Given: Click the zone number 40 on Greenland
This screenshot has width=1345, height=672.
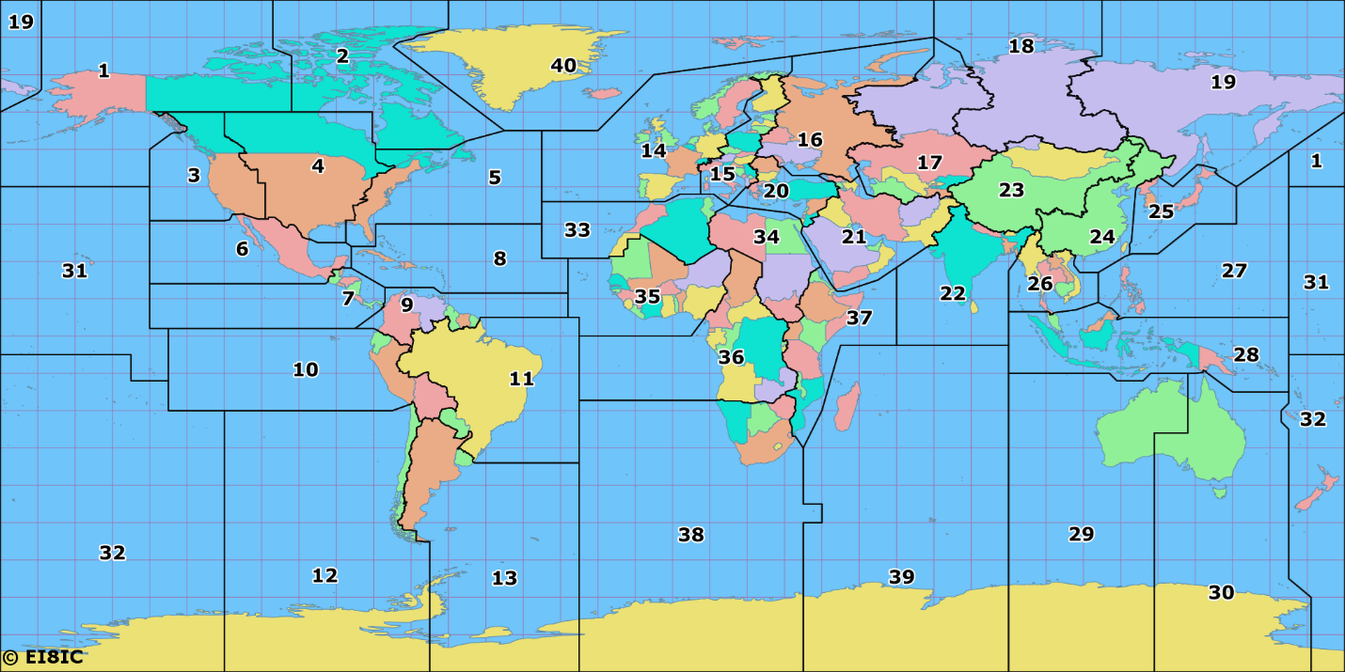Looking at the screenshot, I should click(x=563, y=66).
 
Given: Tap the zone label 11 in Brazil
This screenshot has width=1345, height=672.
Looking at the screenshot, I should click(x=522, y=379).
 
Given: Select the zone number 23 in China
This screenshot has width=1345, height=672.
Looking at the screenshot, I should click(x=1011, y=191).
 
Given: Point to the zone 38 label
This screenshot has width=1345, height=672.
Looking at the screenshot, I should click(x=691, y=535).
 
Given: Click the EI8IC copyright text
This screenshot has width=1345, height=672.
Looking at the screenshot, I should click(x=43, y=657).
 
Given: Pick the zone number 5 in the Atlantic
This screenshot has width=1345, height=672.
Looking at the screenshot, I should click(x=495, y=177).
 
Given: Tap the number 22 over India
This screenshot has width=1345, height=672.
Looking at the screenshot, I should click(x=953, y=293).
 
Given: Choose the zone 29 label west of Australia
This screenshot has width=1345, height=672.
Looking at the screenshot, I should click(x=1082, y=534).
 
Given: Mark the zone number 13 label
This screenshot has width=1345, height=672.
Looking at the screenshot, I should click(x=505, y=578).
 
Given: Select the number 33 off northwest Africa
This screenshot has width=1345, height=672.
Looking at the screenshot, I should click(x=578, y=229).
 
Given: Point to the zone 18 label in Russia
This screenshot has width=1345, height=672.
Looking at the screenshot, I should click(x=1021, y=46).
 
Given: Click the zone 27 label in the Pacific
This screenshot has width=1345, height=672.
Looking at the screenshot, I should click(x=1234, y=271).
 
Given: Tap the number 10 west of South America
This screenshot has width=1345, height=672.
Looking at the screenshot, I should click(x=306, y=369).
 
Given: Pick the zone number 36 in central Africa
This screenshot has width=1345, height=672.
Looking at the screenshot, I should click(x=731, y=357).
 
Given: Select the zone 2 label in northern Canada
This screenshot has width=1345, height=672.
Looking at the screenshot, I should click(x=342, y=55).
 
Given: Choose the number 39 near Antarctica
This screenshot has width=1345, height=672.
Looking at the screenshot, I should click(x=901, y=576).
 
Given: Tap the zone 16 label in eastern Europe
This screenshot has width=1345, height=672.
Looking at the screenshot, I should click(x=810, y=140).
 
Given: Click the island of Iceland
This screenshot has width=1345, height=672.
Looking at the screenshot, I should click(x=602, y=93).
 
